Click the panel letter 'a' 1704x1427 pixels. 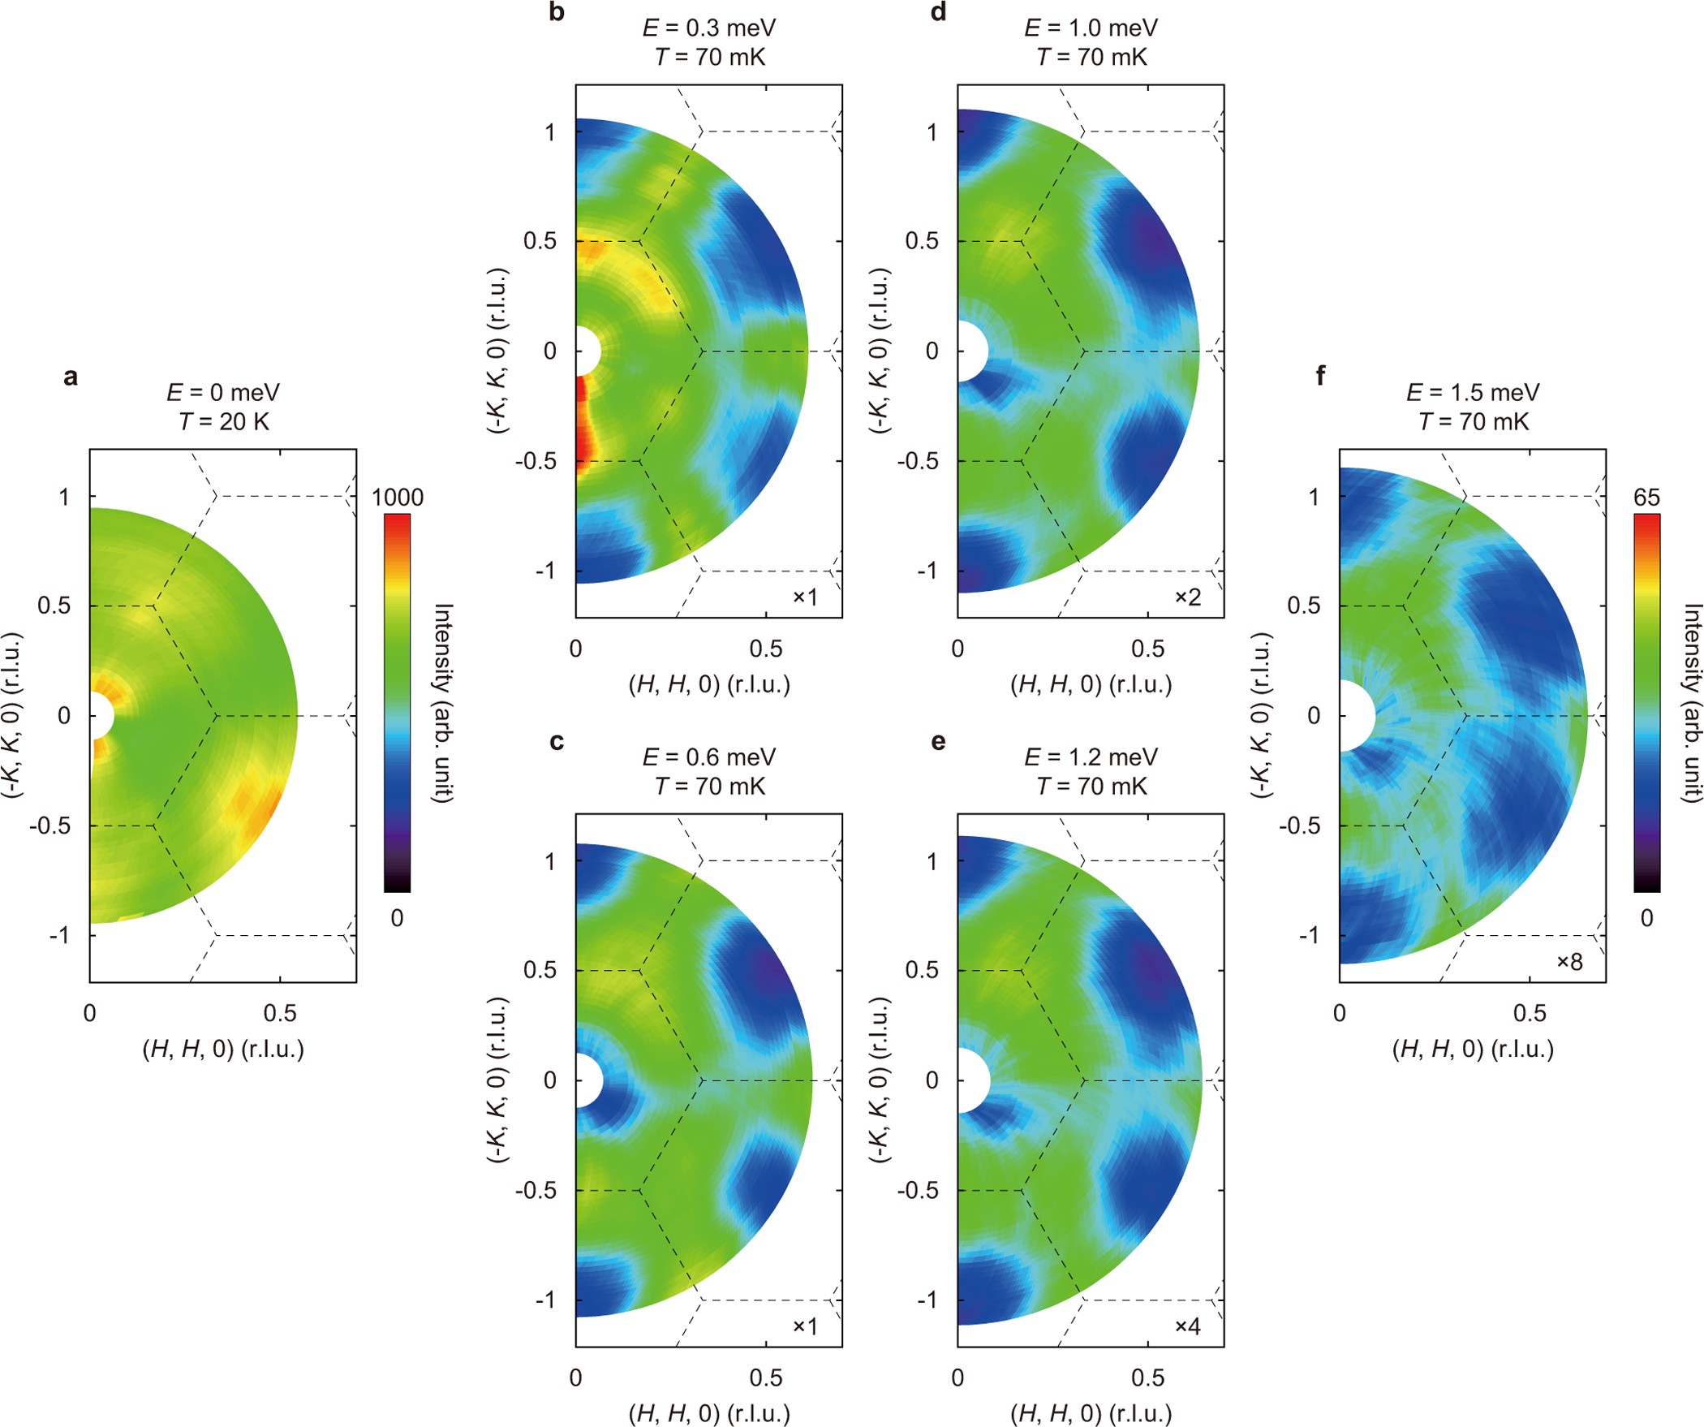[71, 377]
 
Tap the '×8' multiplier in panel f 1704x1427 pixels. [1569, 962]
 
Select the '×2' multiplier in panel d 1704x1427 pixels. [1188, 597]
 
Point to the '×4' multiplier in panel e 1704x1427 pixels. [1188, 1326]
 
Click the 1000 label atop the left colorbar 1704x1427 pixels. [398, 498]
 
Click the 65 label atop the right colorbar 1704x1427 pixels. [1646, 498]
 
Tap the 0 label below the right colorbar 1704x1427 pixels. [1646, 918]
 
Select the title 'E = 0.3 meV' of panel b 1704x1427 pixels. [709, 28]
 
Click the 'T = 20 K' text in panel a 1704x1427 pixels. [223, 422]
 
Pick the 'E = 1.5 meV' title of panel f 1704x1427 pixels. [1473, 393]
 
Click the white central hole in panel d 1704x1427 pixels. [971, 351]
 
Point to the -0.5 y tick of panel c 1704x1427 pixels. [536, 1190]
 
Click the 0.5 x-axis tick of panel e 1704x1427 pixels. [1147, 1377]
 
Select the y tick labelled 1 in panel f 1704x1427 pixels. [1314, 497]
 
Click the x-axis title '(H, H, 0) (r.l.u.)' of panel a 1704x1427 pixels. [223, 1050]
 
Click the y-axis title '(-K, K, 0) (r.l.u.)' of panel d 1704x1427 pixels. [880, 351]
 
